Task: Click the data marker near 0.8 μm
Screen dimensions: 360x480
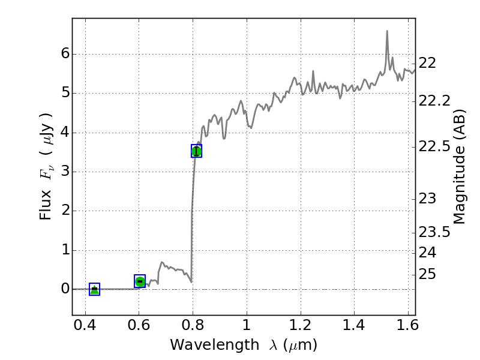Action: pyautogui.click(x=196, y=151)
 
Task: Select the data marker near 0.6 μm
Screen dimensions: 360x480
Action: pyautogui.click(x=140, y=281)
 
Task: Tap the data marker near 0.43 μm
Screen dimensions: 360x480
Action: pyautogui.click(x=94, y=289)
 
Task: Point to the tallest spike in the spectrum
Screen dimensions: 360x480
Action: pyautogui.click(x=387, y=31)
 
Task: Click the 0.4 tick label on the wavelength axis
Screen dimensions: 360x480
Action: pyautogui.click(x=85, y=328)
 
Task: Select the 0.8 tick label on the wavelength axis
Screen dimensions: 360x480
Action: pyautogui.click(x=193, y=328)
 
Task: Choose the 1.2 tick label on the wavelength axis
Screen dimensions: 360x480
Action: pyautogui.click(x=300, y=328)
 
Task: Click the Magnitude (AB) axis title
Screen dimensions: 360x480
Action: pyautogui.click(x=460, y=167)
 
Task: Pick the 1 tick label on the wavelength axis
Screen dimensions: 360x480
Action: pyautogui.click(x=247, y=328)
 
